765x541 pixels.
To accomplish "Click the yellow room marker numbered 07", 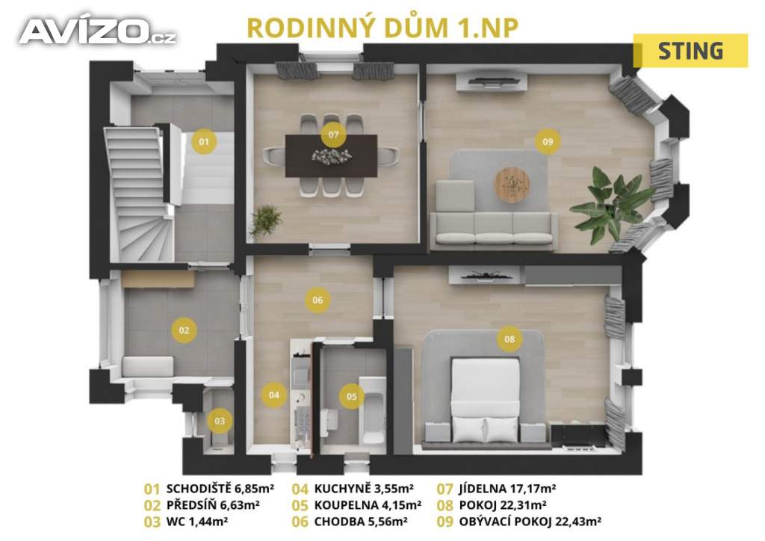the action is [x=333, y=135].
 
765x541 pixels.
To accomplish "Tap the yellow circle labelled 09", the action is [x=548, y=141].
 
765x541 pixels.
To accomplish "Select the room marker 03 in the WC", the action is [x=220, y=421].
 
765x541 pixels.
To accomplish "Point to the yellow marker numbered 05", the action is [x=352, y=397].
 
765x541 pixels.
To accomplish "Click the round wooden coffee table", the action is [x=512, y=184].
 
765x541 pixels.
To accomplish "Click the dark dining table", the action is [x=331, y=155].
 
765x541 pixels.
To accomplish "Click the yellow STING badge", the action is [x=690, y=51].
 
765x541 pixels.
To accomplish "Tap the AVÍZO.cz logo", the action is [x=98, y=31].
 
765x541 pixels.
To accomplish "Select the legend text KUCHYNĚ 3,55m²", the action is [x=364, y=488].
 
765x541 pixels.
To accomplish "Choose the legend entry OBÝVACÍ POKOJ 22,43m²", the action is [x=530, y=522].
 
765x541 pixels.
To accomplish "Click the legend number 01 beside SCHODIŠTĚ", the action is [x=152, y=489].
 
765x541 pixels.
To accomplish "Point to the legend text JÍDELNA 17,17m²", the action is [x=507, y=488].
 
